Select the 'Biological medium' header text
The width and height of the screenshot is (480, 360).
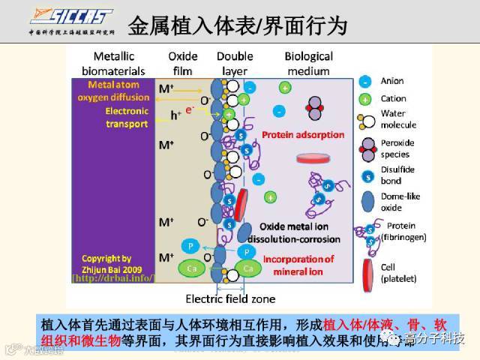(x=308, y=64)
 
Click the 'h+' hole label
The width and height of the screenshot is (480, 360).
(x=176, y=115)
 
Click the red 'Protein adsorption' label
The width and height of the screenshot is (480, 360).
(x=303, y=135)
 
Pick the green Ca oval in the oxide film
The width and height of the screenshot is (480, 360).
(x=189, y=268)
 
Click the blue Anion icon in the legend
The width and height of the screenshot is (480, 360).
(x=364, y=81)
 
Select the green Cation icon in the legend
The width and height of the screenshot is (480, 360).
(x=364, y=98)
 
